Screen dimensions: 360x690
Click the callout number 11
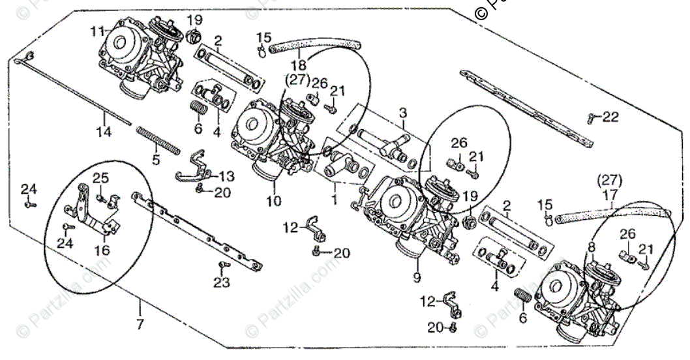point(97,31)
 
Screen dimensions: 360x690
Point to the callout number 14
point(104,132)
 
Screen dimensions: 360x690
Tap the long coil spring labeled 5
point(158,140)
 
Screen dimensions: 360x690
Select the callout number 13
point(226,176)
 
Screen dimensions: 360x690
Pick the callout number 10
point(274,202)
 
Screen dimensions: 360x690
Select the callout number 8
point(591,247)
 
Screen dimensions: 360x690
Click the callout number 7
point(140,323)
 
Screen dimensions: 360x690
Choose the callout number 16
point(103,250)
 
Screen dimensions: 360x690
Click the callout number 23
point(222,282)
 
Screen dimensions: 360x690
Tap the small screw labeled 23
point(222,265)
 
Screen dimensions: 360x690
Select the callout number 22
point(610,117)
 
